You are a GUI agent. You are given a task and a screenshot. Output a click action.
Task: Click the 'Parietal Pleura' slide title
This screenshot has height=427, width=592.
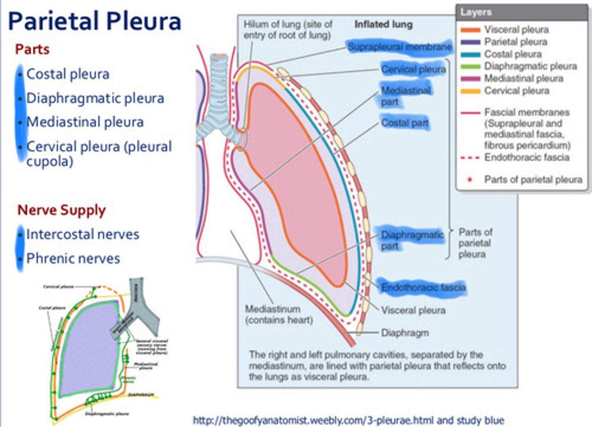point(94,21)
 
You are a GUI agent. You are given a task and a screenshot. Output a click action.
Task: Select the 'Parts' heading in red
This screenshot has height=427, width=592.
point(32,49)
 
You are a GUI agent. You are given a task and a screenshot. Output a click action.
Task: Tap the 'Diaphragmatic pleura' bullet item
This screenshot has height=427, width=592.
point(95,98)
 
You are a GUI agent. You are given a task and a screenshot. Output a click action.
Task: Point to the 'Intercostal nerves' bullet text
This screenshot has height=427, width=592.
point(83,234)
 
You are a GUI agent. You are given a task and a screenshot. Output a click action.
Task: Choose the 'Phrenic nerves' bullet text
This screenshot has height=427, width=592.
point(73,259)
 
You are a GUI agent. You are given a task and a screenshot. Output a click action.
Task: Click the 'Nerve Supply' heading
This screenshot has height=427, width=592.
point(61,210)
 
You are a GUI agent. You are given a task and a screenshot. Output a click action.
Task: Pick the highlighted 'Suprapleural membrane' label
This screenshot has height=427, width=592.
point(399,47)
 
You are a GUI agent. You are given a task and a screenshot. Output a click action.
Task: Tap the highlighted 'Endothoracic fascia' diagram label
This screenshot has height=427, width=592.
point(423,287)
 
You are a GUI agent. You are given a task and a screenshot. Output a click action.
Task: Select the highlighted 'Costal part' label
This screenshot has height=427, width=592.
point(405,122)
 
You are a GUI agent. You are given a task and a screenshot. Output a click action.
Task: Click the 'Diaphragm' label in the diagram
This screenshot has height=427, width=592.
point(405,332)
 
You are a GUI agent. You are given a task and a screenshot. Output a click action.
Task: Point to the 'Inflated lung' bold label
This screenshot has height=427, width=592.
point(383,25)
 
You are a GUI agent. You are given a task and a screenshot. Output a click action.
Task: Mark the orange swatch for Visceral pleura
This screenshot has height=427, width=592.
point(470,30)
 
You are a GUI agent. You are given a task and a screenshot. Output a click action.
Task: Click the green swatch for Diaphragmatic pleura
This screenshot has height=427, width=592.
point(470,67)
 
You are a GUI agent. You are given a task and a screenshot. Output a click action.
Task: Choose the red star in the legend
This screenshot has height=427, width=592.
point(470,180)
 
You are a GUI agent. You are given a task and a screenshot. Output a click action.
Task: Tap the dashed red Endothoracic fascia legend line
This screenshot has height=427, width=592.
point(470,157)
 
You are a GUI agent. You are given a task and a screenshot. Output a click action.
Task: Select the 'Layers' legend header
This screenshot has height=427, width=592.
point(476,12)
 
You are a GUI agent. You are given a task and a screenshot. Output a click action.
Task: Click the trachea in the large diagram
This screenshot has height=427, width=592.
point(219,90)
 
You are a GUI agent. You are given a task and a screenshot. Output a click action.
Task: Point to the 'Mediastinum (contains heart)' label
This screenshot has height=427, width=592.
point(279,314)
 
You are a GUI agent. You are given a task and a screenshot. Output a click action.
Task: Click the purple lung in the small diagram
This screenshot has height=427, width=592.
point(88,349)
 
